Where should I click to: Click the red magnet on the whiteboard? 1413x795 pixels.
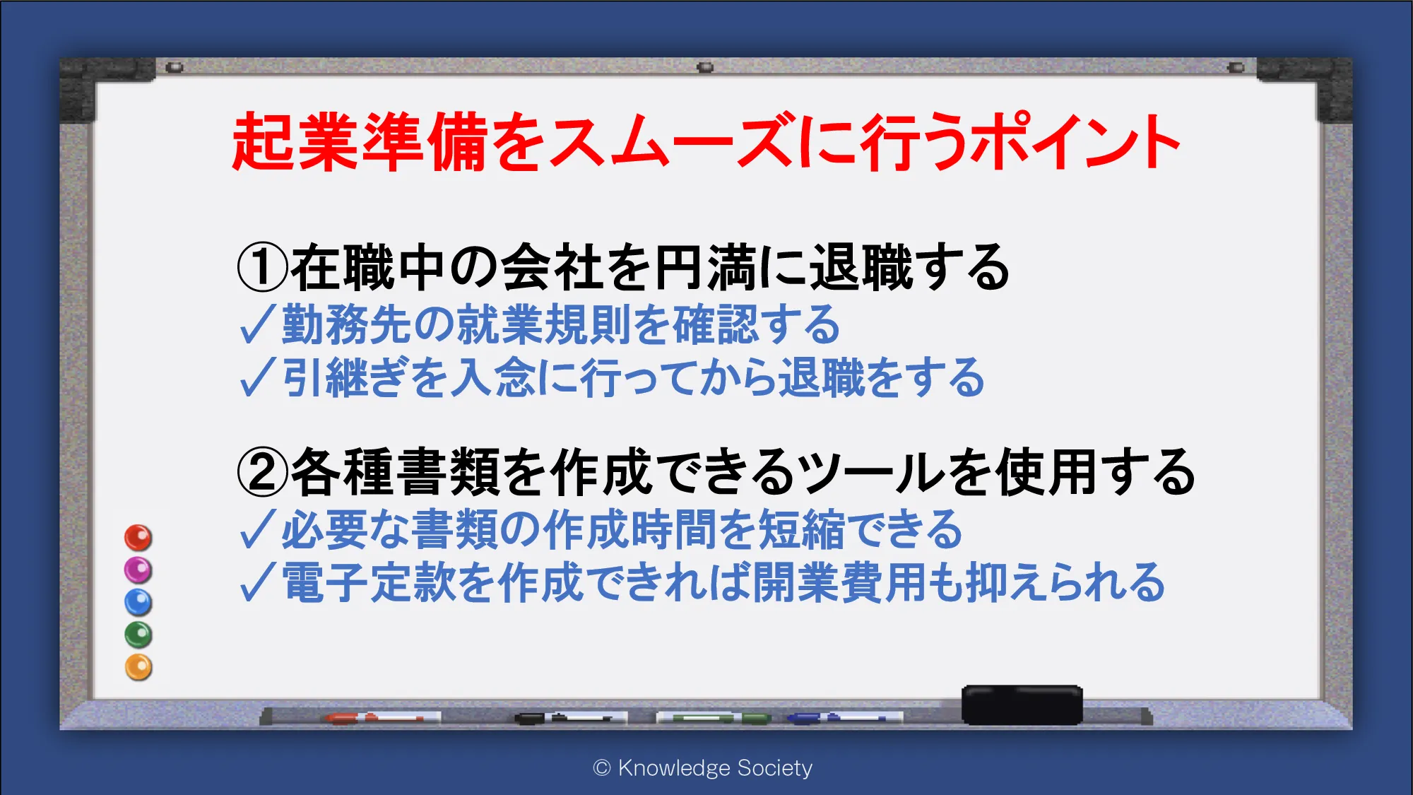coord(138,538)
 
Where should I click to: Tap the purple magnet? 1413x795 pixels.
coord(138,570)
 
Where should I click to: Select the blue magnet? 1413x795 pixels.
coord(138,602)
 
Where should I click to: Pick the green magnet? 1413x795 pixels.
coord(138,635)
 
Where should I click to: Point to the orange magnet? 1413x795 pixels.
coord(138,667)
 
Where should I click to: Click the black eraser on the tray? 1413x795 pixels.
coord(1022,705)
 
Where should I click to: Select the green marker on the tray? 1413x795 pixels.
coord(714,718)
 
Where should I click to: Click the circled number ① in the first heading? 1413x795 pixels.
coord(262,267)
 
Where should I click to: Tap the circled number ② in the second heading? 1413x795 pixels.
coord(262,472)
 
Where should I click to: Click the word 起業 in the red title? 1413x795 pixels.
coord(296,141)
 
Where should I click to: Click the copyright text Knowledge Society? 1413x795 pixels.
coord(703,767)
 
